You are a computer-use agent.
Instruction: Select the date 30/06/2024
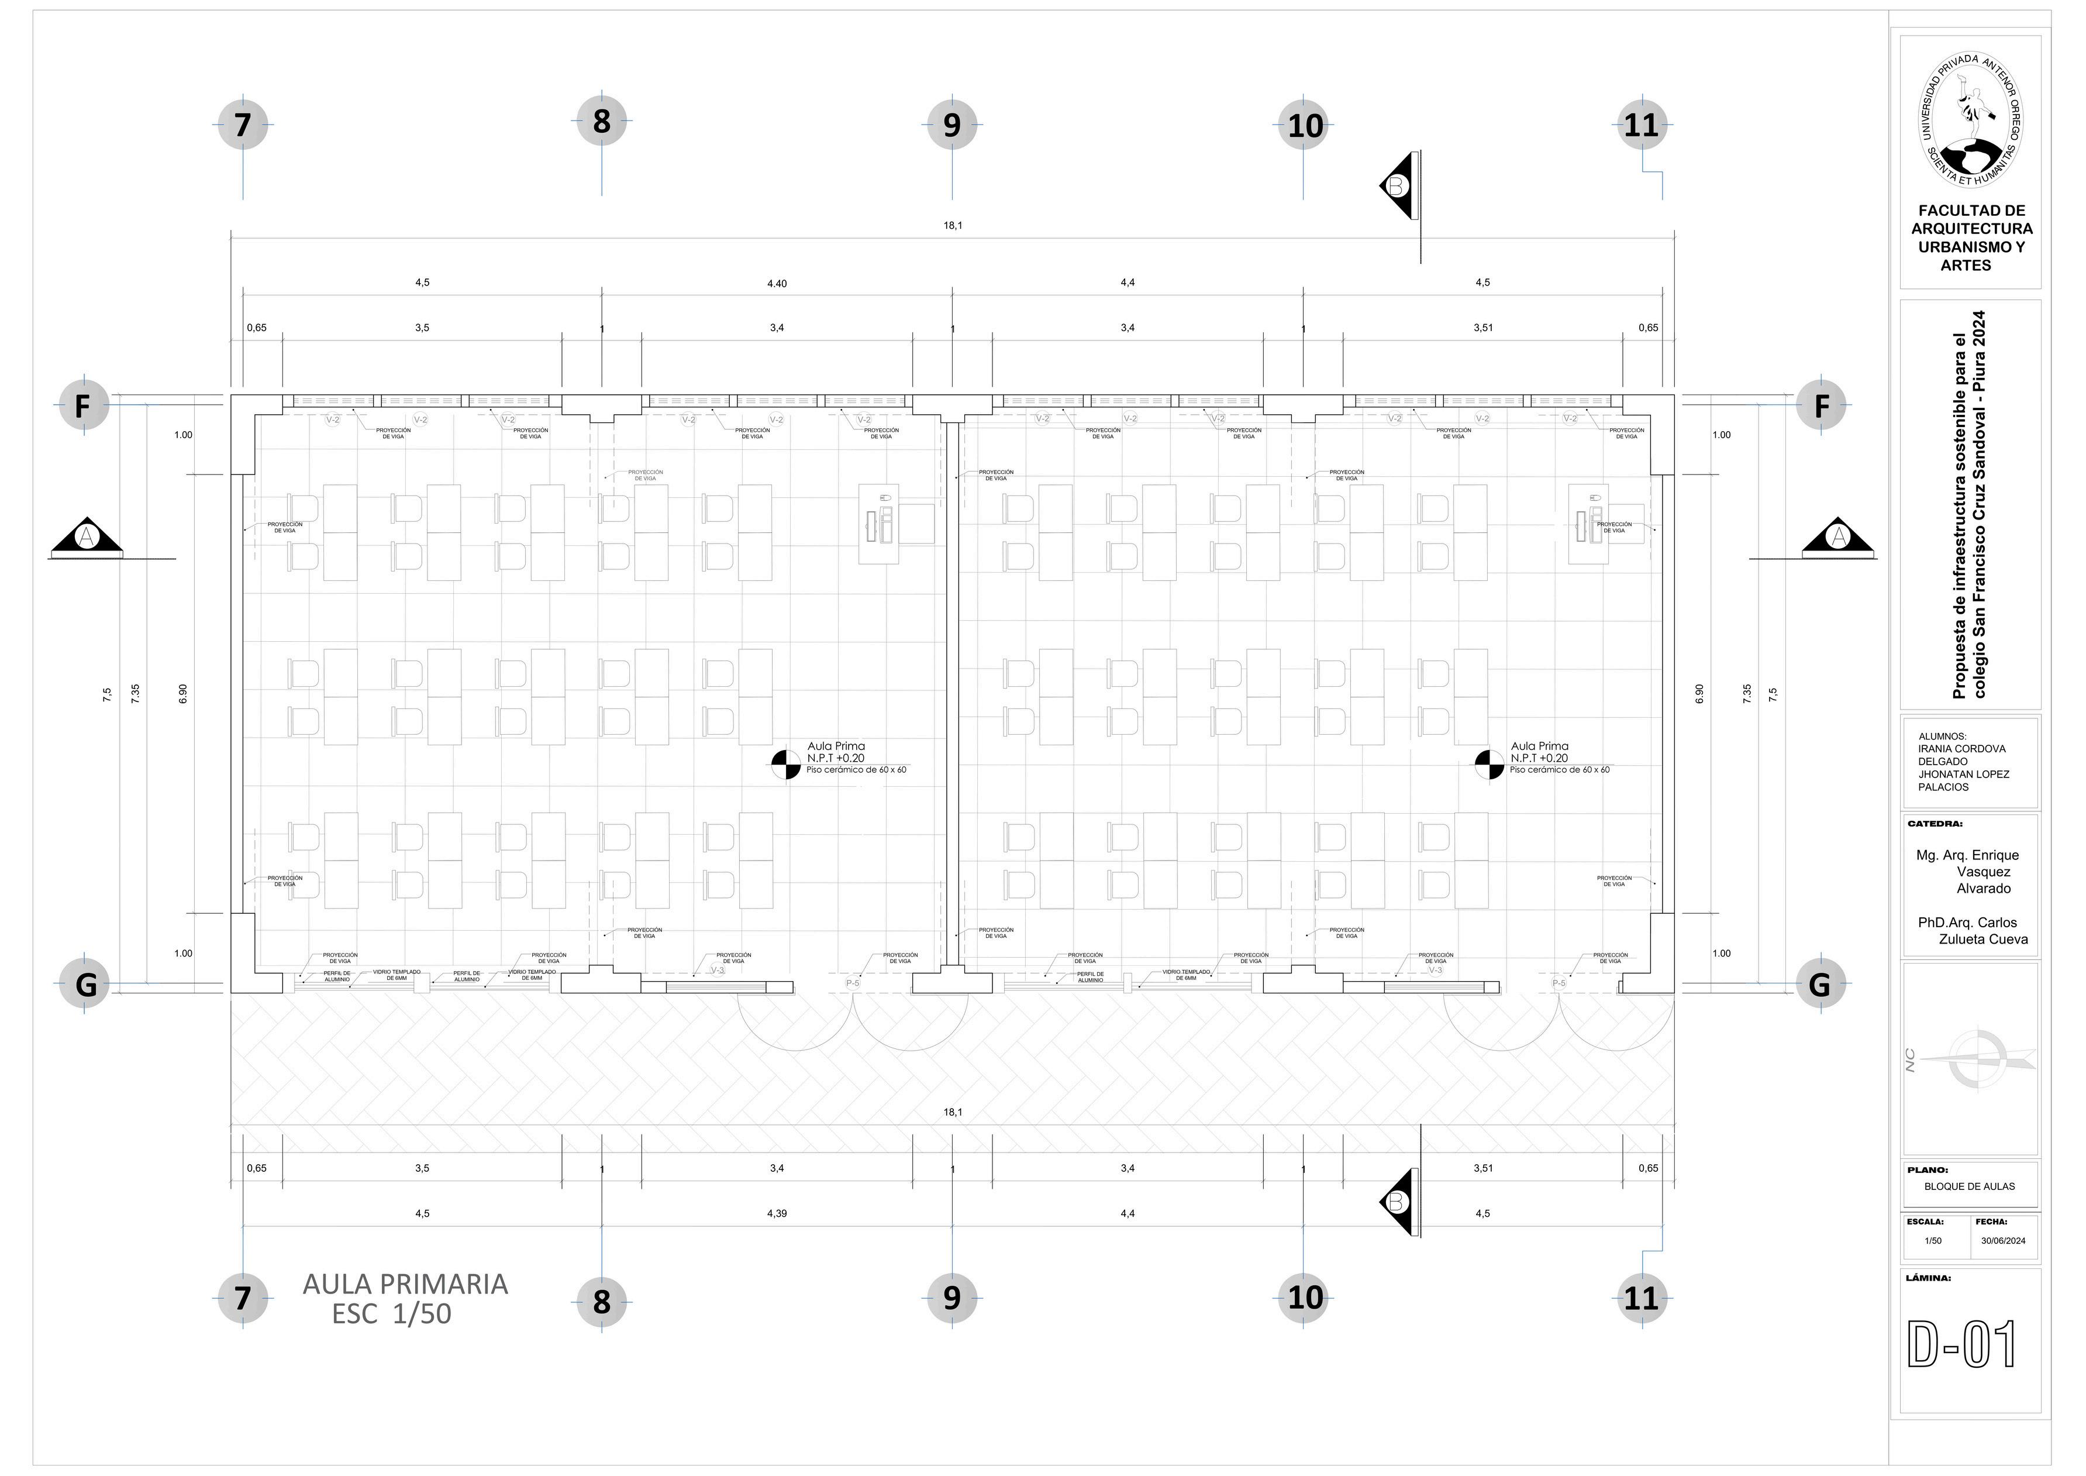(2004, 1241)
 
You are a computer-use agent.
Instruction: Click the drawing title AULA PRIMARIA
(405, 1284)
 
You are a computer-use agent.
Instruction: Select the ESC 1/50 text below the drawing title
(392, 1314)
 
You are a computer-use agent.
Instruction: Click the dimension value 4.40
(776, 284)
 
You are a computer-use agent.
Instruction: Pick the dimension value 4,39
(776, 1213)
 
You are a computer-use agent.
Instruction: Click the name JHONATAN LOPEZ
(1963, 775)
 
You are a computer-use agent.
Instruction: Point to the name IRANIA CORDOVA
(1961, 749)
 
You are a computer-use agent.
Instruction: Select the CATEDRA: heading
(1935, 824)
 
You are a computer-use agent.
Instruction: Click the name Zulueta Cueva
(1983, 940)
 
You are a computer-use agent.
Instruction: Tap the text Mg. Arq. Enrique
(1967, 855)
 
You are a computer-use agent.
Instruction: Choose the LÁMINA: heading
(1928, 1278)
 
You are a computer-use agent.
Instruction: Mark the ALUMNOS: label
(1942, 736)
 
